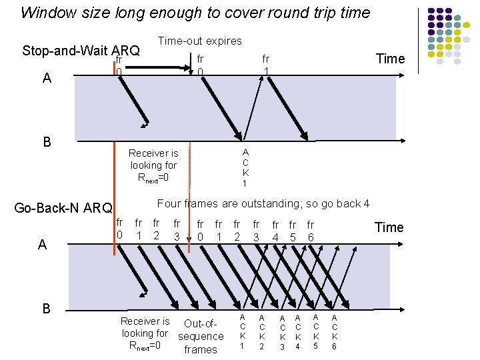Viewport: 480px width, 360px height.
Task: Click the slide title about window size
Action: (195, 12)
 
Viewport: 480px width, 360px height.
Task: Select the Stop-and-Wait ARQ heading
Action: (81, 51)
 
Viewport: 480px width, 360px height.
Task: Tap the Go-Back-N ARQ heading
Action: (63, 208)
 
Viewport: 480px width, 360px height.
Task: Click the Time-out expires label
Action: (199, 41)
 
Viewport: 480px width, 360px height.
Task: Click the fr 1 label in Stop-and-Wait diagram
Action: (265, 65)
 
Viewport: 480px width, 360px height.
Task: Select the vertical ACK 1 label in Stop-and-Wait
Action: (245, 167)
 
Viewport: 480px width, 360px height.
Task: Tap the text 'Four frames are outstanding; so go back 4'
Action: (263, 203)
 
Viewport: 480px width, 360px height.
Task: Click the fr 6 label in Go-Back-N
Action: (310, 231)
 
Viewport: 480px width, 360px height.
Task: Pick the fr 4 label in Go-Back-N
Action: (275, 231)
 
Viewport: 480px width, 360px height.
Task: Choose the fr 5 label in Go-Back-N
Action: (292, 231)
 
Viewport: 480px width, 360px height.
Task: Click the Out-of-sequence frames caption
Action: (200, 337)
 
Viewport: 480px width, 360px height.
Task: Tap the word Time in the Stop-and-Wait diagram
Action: (390, 59)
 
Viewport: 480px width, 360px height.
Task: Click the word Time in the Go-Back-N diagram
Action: (389, 227)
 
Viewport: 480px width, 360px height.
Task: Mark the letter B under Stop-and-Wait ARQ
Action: (47, 141)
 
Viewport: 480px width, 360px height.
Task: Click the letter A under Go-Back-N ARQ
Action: (42, 245)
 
